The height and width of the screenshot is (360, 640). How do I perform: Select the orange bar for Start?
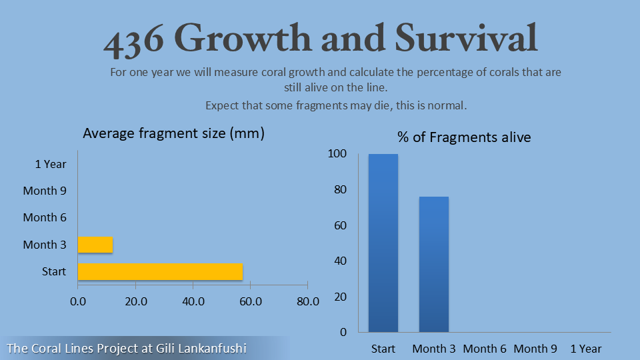tap(160, 272)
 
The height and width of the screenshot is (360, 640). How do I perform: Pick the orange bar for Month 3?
tap(95, 245)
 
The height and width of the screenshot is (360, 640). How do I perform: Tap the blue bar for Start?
tap(383, 243)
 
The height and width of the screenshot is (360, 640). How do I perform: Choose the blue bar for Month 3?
tap(434, 264)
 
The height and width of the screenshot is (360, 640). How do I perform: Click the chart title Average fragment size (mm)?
tap(173, 133)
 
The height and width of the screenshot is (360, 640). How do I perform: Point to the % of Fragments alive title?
tap(464, 137)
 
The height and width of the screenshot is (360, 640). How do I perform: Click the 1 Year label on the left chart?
tap(51, 163)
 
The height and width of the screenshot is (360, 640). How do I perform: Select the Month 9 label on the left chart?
tap(45, 191)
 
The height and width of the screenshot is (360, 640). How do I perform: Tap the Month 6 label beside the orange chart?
tap(45, 217)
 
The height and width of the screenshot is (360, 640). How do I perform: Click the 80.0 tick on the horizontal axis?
tap(308, 301)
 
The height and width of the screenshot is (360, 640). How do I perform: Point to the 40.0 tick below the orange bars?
tap(193, 301)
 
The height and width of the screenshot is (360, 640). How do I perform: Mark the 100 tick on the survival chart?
tap(337, 154)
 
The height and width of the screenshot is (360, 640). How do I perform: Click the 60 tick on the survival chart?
tap(340, 225)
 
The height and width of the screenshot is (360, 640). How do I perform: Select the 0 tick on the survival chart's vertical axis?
tap(343, 332)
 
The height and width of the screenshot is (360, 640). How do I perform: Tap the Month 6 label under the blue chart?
tap(485, 349)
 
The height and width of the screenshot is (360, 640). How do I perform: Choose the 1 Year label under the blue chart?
tap(586, 349)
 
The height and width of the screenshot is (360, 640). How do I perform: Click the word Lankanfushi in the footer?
tap(211, 348)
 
